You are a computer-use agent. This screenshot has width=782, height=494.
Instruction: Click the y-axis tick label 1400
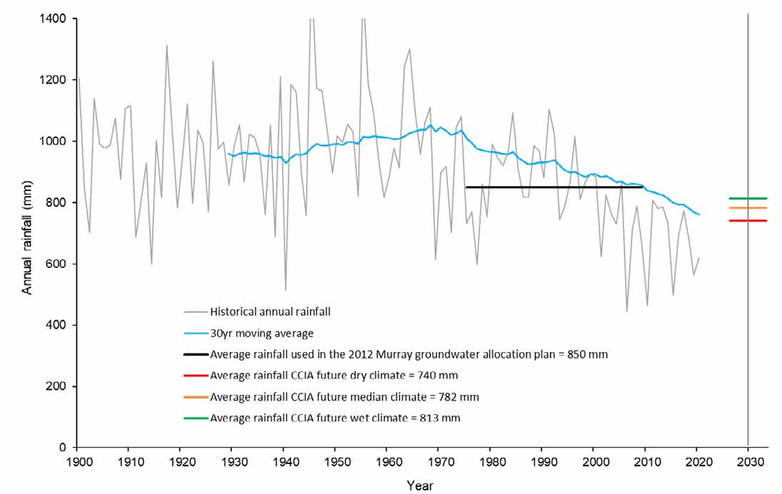pos(54,19)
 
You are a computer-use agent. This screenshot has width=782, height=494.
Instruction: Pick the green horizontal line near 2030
pos(747,198)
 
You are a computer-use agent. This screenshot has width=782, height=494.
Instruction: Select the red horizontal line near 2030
pos(747,220)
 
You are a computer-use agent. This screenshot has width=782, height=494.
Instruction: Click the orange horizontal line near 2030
pos(747,208)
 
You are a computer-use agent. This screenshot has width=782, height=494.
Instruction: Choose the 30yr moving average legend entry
pos(254,332)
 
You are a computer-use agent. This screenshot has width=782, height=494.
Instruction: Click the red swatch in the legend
pos(195,375)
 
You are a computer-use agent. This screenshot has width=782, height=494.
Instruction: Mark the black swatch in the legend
pos(195,354)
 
